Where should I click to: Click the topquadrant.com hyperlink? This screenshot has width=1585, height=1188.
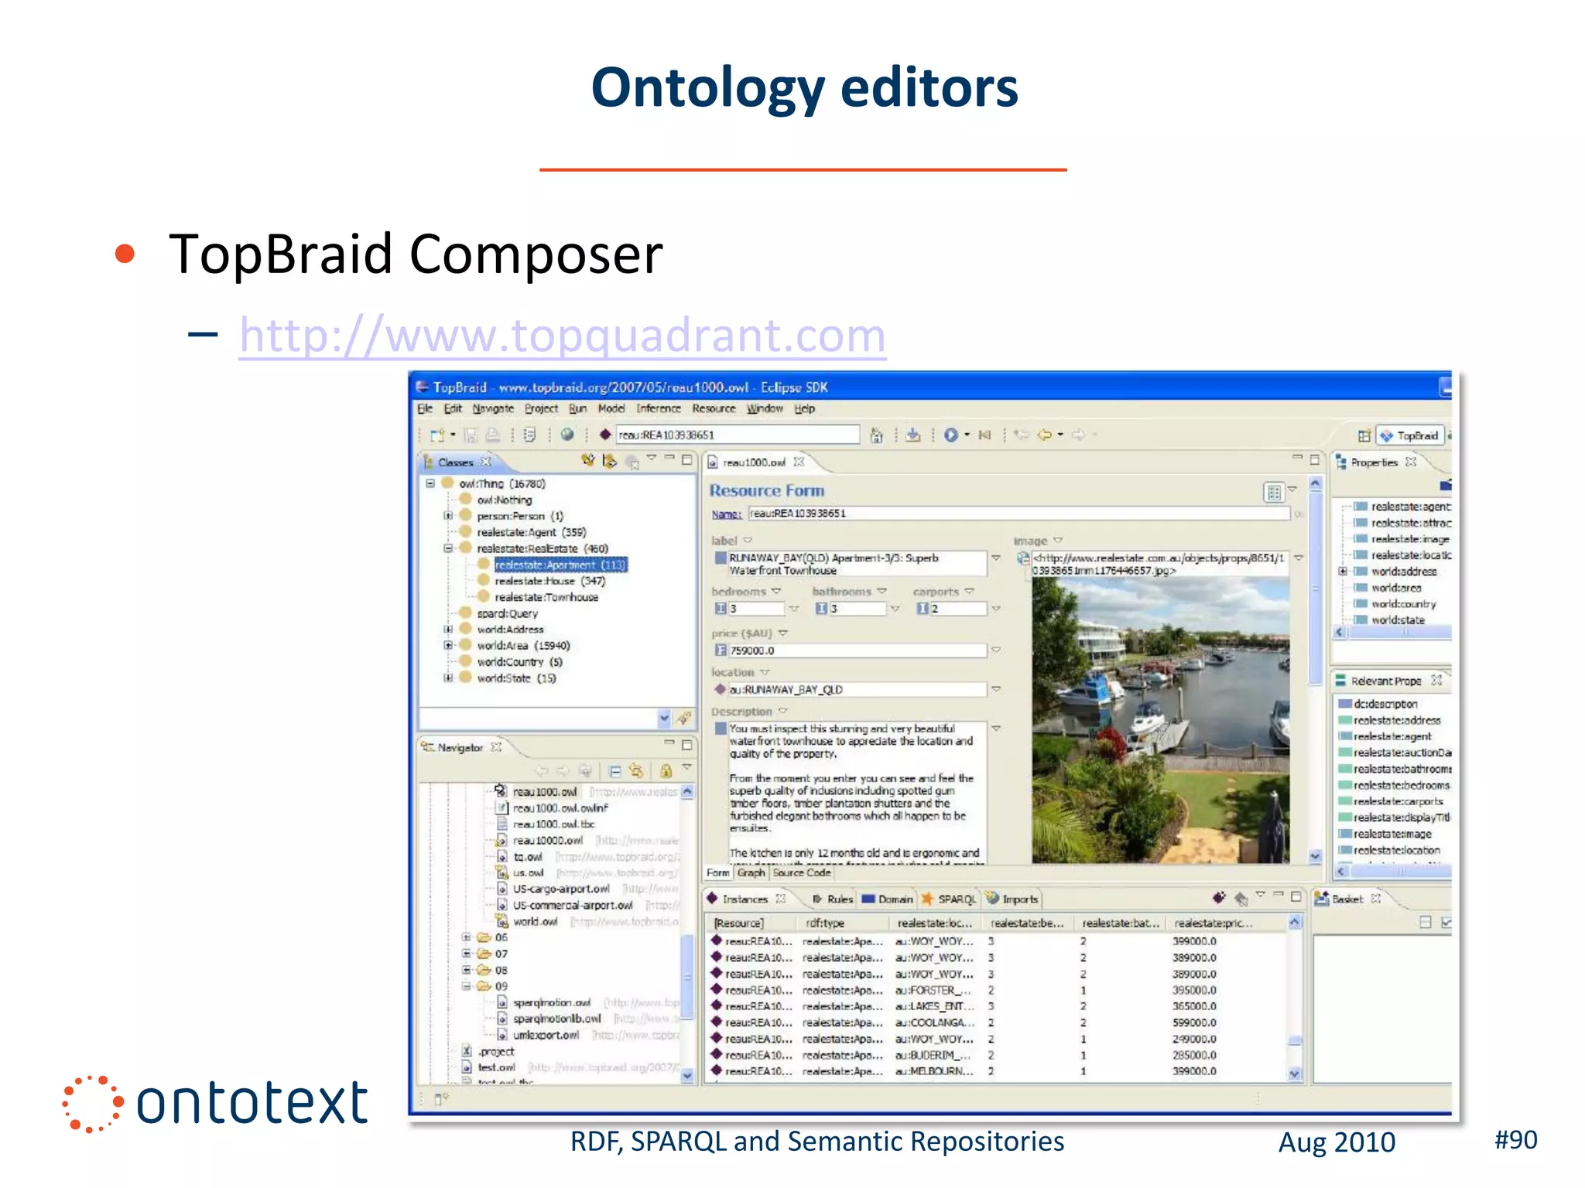563,336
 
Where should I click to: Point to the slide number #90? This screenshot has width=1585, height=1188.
1515,1139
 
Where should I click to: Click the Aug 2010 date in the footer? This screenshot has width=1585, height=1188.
1337,1142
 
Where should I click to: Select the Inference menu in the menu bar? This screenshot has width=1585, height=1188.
658,408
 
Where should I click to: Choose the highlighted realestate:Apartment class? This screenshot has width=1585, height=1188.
560,565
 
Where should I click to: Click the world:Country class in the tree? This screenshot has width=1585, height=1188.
510,662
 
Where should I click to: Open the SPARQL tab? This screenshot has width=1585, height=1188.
956,899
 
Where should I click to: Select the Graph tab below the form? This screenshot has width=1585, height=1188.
751,872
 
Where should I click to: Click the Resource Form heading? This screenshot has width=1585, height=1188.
766,490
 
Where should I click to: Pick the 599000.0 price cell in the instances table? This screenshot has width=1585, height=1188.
1194,1022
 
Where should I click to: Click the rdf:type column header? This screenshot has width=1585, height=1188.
825,923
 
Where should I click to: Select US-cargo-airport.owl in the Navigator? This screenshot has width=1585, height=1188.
560,889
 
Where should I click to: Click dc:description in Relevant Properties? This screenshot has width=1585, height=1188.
1385,704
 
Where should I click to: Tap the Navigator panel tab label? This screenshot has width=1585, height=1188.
460,747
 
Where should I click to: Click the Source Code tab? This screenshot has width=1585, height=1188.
801,872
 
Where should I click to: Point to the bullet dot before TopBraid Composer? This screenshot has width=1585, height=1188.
125,254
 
